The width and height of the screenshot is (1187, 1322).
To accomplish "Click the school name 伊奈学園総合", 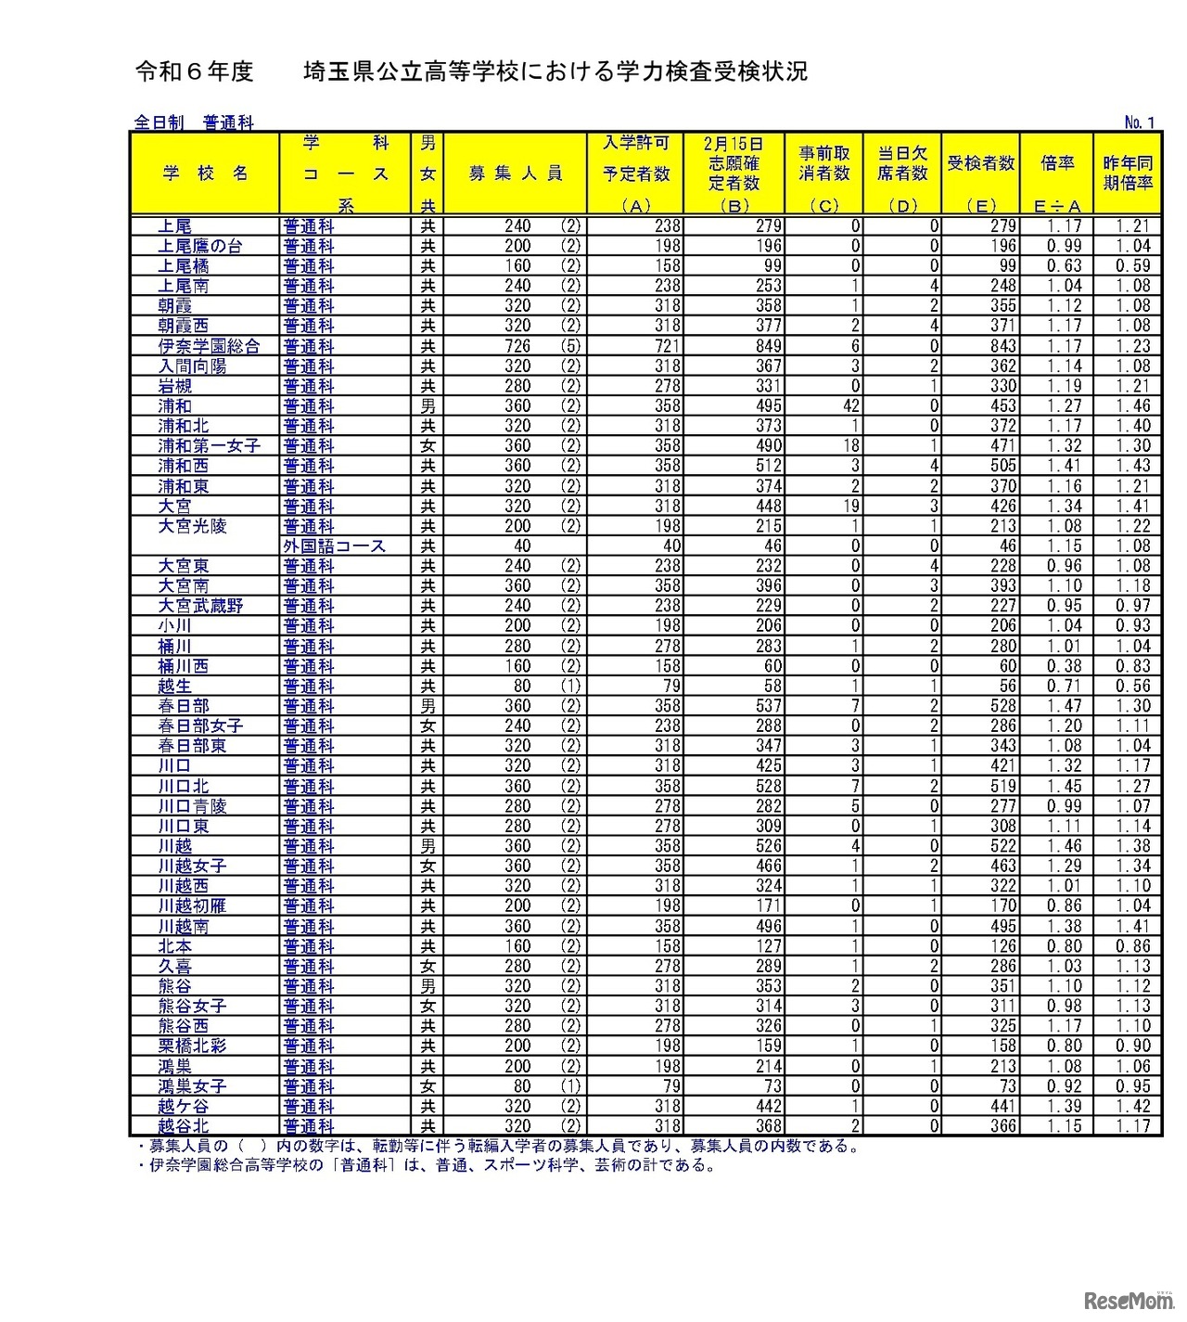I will [x=208, y=346].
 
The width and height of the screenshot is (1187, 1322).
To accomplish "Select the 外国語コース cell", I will [x=334, y=546].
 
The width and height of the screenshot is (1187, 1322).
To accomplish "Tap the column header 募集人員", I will [x=515, y=173].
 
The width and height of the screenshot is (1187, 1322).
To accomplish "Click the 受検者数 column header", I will [x=980, y=164].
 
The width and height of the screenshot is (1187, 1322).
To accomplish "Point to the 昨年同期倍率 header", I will [x=1127, y=173].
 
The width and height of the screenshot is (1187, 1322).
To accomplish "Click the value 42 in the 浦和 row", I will [x=851, y=406].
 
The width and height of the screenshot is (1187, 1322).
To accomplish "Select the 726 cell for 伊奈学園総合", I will [x=517, y=346].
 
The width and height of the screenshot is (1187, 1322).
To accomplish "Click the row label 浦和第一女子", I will [x=209, y=446].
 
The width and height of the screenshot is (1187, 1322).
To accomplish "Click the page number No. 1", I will [x=1139, y=122].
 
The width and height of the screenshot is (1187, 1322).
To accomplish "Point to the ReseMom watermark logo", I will [x=1123, y=1300].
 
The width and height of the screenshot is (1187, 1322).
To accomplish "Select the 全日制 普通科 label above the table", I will [x=194, y=122].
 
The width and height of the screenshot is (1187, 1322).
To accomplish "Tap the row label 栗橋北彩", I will [x=191, y=1046].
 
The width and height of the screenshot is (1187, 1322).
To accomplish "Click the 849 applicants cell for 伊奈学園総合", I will [x=768, y=346].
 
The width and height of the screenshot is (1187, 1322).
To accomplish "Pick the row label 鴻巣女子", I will [x=191, y=1086].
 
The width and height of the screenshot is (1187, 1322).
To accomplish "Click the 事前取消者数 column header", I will [x=823, y=164].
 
